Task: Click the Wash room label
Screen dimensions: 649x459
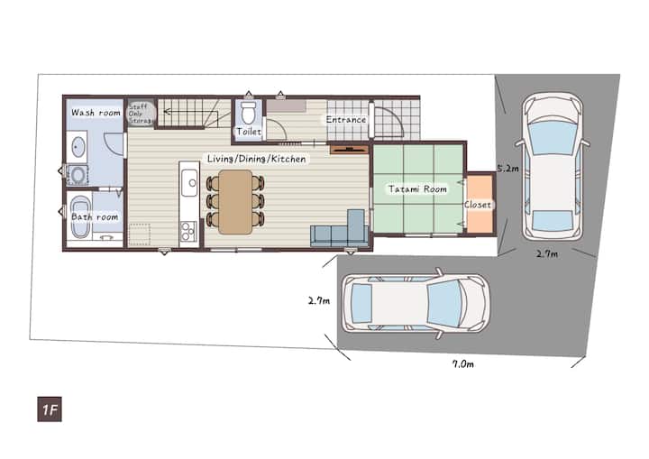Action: point(96,112)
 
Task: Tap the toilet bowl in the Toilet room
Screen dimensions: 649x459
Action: point(249,113)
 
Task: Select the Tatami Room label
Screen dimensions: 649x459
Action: point(417,189)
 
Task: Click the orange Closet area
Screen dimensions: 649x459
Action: point(480,204)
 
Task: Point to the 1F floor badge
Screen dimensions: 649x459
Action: point(50,409)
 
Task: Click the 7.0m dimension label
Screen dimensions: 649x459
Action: point(462,364)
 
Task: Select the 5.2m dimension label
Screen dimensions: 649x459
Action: point(507,169)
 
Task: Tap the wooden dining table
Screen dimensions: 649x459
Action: point(235,202)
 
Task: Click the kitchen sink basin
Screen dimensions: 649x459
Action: point(189,182)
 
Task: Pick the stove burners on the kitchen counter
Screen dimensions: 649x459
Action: point(188,231)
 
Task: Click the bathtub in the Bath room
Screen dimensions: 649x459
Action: point(81,217)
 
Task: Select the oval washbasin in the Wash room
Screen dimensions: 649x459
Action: point(78,147)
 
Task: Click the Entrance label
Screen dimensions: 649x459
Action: point(346,120)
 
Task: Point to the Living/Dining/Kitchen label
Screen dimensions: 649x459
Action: point(257,159)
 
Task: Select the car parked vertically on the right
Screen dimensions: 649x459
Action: point(553,167)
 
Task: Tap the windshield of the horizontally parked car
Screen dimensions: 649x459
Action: point(445,303)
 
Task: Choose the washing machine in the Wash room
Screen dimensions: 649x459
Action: point(78,175)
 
